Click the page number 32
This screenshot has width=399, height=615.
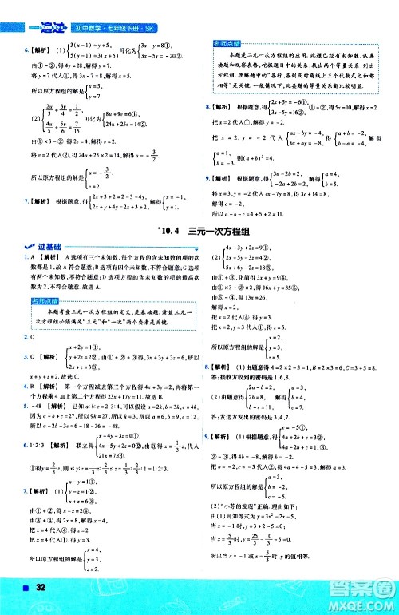click(38, 589)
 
